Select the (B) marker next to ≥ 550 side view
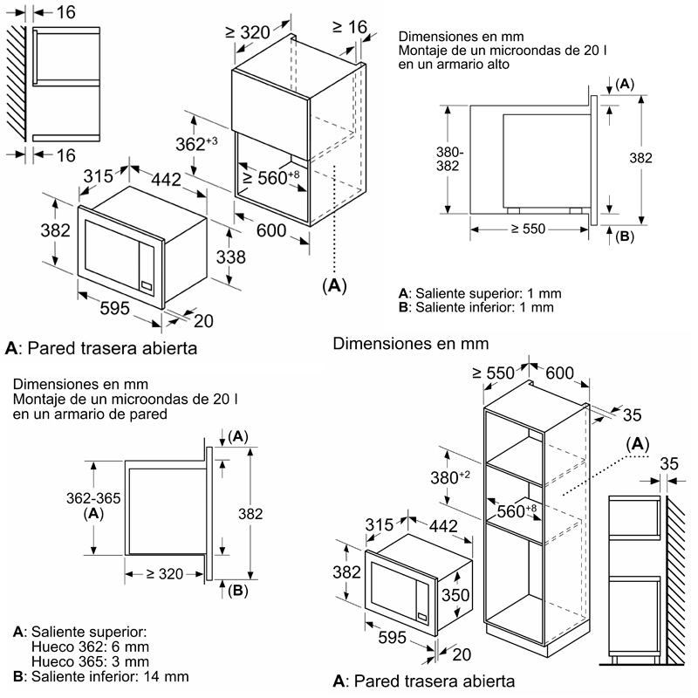[x=623, y=236]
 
